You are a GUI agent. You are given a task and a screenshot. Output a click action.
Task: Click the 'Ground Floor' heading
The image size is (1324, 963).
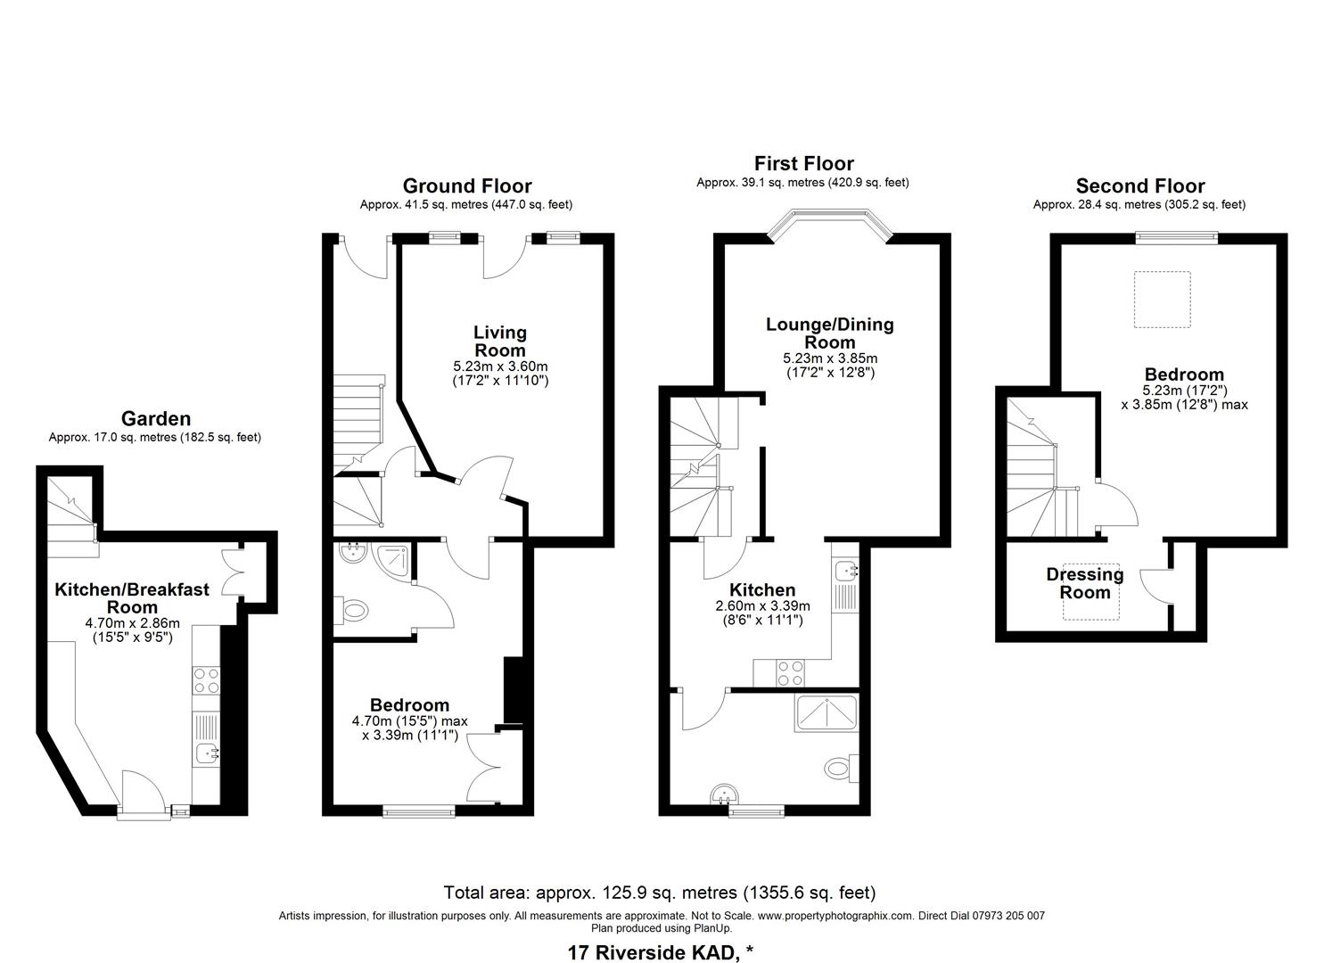(x=467, y=186)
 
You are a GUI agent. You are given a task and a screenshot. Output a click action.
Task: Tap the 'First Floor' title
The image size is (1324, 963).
(x=804, y=163)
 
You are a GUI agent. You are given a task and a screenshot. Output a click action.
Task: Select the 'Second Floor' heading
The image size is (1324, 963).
(x=1140, y=186)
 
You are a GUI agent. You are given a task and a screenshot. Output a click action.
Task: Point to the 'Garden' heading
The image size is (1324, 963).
(x=156, y=418)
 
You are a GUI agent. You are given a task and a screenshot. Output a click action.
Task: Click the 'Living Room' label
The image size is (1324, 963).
(x=500, y=342)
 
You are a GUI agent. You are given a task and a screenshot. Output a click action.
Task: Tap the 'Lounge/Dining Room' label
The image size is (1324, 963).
(x=830, y=333)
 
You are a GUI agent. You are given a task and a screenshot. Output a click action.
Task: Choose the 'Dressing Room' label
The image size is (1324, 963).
(x=1085, y=583)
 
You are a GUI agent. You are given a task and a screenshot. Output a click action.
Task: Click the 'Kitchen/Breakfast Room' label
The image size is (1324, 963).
(x=132, y=597)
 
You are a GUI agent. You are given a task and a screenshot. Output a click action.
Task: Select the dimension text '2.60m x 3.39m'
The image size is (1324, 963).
(x=762, y=606)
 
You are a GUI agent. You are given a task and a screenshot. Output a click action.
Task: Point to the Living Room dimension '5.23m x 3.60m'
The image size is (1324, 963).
(x=500, y=366)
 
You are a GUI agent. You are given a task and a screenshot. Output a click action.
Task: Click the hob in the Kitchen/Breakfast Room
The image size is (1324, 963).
(x=206, y=679)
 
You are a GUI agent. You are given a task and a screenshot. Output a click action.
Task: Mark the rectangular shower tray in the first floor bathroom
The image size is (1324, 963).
(x=826, y=713)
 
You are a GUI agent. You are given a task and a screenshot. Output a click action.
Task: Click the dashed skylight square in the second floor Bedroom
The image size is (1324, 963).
(x=1162, y=299)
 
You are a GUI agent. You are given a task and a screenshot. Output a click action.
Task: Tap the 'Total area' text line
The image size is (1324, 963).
(x=660, y=892)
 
